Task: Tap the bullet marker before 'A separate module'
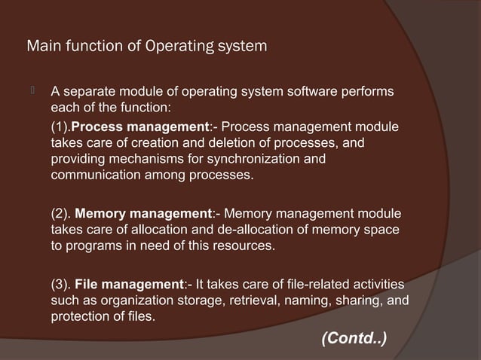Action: click(x=33, y=92)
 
